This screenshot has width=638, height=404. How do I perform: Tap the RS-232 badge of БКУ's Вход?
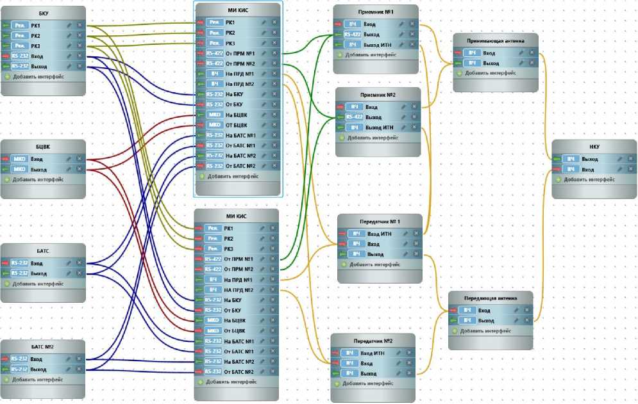click(19, 56)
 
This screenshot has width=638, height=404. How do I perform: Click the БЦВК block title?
click(43, 147)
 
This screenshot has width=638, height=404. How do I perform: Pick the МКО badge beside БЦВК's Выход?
click(19, 169)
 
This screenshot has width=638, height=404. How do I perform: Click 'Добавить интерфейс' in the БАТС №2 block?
click(37, 379)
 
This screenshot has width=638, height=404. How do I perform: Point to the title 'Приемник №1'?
click(376, 12)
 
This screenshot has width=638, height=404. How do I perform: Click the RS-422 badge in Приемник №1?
click(352, 34)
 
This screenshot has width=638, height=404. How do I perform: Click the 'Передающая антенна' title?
click(490, 298)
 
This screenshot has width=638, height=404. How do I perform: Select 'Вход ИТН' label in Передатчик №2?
click(373, 353)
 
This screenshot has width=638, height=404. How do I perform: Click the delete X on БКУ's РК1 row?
click(80, 25)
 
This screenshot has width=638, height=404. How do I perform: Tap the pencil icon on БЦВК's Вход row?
click(69, 159)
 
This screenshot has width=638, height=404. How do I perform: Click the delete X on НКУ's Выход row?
click(631, 159)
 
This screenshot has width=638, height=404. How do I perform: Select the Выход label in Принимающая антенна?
click(491, 63)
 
